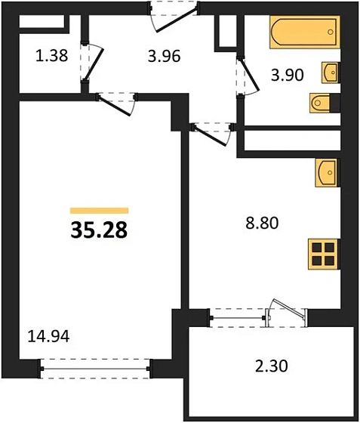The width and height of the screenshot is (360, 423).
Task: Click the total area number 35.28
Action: tap(99, 230)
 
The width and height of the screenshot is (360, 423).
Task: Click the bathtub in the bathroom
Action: tap(306, 34)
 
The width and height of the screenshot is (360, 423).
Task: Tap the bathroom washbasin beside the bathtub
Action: tap(330, 73)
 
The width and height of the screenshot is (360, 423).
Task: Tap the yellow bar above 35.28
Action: tap(99, 211)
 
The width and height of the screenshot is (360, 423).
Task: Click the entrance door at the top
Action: tap(174, 16)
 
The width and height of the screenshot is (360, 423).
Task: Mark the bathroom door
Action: tap(242, 79)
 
